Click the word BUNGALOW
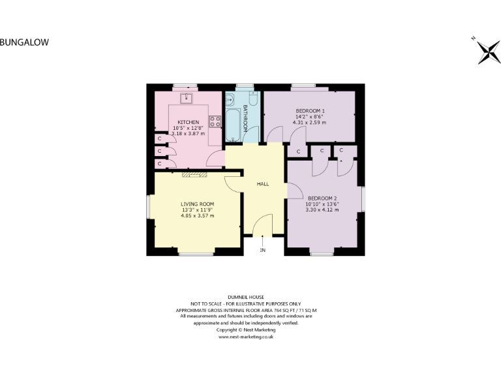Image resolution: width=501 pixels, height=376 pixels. coord(24,42)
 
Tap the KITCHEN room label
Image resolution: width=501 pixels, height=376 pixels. coord(189,122)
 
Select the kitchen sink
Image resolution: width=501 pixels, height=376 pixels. coord(187,98)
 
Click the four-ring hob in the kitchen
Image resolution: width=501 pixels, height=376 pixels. coord(214,121)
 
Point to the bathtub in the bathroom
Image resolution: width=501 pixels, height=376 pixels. coord(233,117)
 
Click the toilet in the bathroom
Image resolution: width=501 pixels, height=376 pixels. coord(253,99)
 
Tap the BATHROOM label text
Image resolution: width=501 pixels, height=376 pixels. coord(245,117)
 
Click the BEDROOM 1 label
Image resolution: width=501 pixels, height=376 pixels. coord(309,111)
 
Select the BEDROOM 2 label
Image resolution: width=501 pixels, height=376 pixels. coord(322,198)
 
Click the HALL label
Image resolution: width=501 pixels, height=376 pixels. coord(263,184)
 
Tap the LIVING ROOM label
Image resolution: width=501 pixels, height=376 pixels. coord(197,204)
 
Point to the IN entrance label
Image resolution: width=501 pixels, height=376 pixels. coord(263,250)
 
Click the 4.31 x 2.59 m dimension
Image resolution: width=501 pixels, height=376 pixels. coord(309,122)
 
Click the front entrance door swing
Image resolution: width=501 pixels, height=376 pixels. coord(262,225)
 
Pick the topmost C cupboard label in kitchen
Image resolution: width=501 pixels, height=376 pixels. coord(159,139)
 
